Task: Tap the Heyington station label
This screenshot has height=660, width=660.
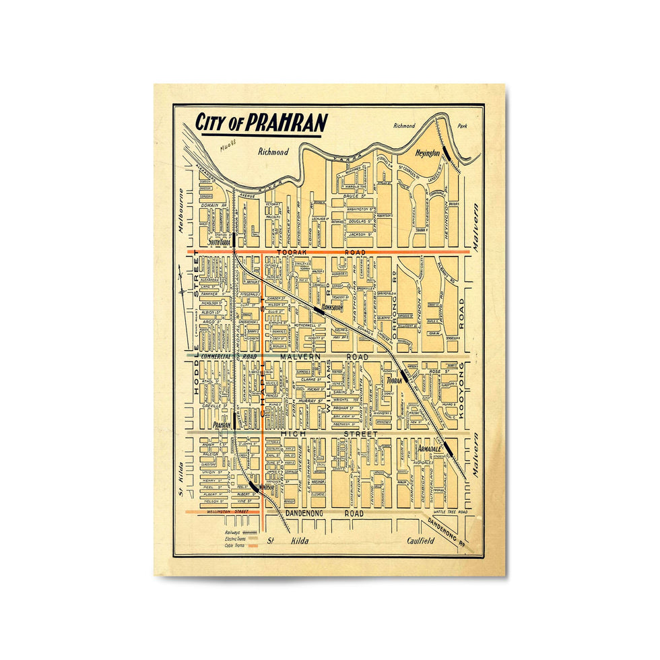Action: (x=428, y=153)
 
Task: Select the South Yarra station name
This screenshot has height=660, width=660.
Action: (x=220, y=242)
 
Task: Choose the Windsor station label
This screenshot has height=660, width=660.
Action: (x=267, y=488)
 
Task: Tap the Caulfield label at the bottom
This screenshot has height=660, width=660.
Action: (x=421, y=540)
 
